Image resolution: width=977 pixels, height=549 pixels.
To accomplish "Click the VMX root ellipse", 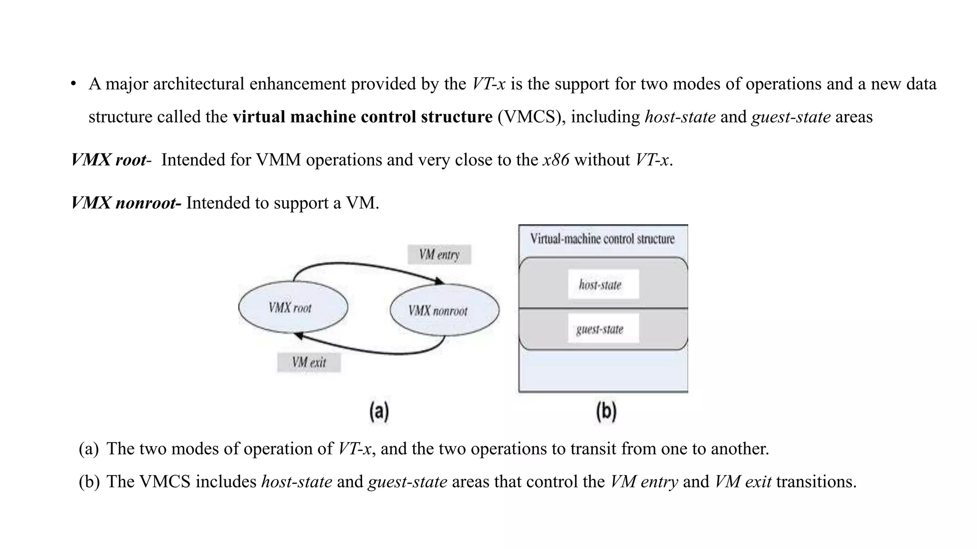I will (x=293, y=307).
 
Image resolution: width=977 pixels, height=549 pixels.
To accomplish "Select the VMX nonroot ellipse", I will (x=444, y=310).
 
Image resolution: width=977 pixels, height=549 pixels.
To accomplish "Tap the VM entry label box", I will (x=439, y=254).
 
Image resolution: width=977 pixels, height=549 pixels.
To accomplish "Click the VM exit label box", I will (x=309, y=363).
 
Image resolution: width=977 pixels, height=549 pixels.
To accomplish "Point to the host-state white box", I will (x=603, y=285).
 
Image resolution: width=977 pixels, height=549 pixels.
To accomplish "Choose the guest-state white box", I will (x=603, y=328).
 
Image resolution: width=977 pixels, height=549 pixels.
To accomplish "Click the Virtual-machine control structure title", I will (x=603, y=239).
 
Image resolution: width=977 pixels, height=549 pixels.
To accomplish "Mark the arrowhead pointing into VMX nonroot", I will (x=439, y=281).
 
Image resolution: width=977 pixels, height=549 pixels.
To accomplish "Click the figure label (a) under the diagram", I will (x=379, y=411).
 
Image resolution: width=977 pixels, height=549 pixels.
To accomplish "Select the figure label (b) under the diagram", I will (x=606, y=411).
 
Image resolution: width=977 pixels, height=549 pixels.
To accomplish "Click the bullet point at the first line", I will (x=73, y=84).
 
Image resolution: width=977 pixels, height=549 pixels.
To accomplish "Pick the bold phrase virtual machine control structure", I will (x=363, y=117).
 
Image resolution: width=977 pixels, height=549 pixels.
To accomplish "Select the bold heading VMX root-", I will (x=111, y=160).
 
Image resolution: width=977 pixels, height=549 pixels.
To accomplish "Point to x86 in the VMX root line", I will (x=556, y=160).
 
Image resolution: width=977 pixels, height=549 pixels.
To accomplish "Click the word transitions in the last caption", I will (x=816, y=481).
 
